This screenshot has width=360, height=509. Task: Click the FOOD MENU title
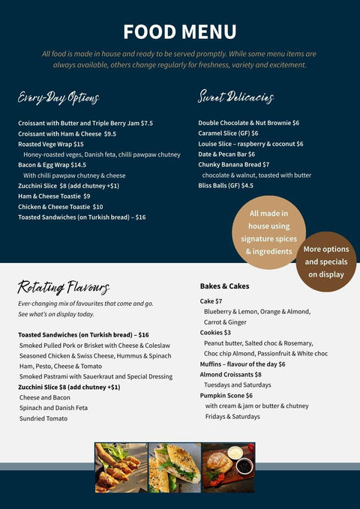click(180, 31)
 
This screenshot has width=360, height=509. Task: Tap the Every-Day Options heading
click(58, 97)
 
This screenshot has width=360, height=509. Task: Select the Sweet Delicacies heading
click(235, 97)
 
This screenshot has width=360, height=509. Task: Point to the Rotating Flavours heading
click(64, 287)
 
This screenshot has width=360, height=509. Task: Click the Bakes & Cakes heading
click(224, 286)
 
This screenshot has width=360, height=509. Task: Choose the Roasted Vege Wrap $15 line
click(51, 144)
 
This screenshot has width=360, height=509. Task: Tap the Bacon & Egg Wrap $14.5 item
click(52, 165)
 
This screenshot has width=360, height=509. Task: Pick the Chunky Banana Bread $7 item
click(234, 165)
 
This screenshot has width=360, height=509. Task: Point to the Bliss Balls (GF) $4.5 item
click(226, 186)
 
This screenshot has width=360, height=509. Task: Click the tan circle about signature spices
click(268, 232)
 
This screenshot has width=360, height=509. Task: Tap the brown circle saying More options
click(325, 262)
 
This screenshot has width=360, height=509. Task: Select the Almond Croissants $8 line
click(230, 374)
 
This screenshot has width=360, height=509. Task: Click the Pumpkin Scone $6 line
click(226, 395)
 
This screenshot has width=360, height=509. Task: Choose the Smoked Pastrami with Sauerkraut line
click(96, 376)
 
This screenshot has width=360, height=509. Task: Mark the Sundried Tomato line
click(43, 418)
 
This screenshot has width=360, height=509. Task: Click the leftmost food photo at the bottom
click(121, 467)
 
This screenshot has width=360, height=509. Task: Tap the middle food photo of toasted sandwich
click(175, 467)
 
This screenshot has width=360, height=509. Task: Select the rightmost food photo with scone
click(229, 467)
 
